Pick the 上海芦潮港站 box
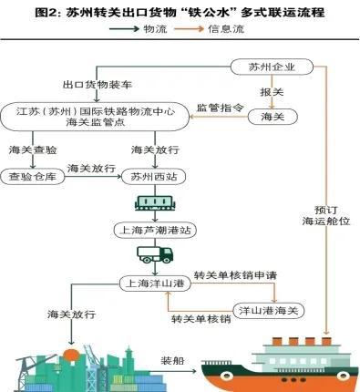(150, 230)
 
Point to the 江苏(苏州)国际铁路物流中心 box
(97, 117)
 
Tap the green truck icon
(149, 256)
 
